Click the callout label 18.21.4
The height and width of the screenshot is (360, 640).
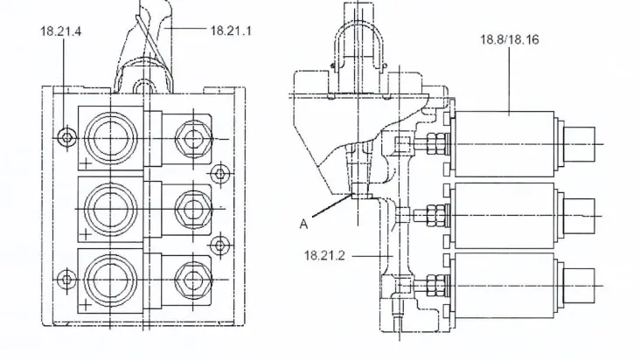click(x=60, y=31)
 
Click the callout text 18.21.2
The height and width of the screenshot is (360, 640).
click(x=324, y=255)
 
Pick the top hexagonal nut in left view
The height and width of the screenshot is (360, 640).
click(x=189, y=138)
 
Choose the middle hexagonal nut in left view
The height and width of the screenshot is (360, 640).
click(x=189, y=208)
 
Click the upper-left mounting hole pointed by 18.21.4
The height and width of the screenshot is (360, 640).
click(x=66, y=136)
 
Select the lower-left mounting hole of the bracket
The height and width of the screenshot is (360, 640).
click(x=66, y=280)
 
